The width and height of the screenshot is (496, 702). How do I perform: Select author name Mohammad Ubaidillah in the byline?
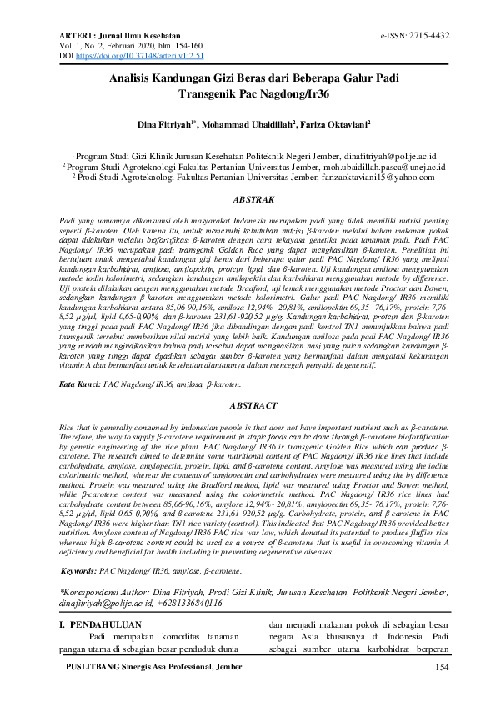(x=249, y=123)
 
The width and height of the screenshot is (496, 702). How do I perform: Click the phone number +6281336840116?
(x=190, y=601)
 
